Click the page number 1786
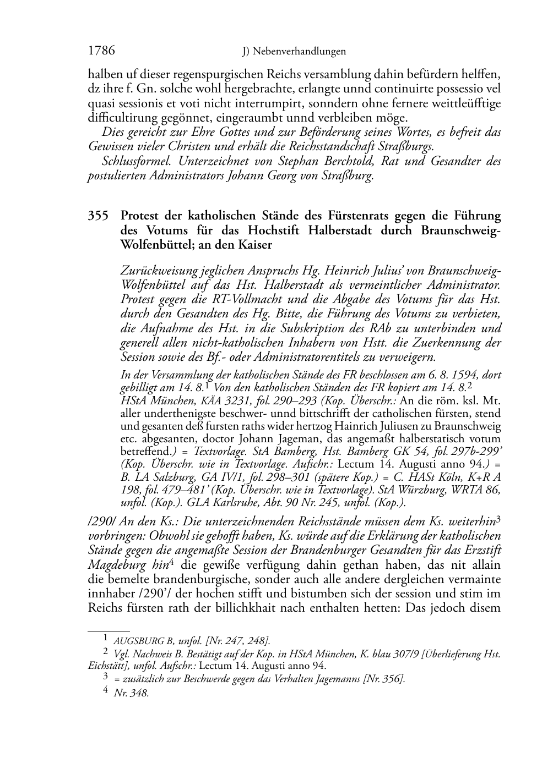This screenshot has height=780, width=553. (x=101, y=51)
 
